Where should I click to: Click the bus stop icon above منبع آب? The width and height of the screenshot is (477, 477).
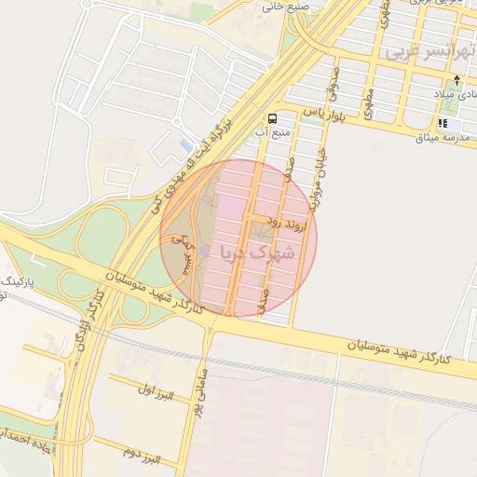(x=272, y=118)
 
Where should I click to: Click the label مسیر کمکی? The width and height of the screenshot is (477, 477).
(x=182, y=252)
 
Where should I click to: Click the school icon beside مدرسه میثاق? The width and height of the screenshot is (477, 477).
(x=443, y=123)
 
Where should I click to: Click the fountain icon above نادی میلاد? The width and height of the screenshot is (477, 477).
(x=456, y=79)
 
